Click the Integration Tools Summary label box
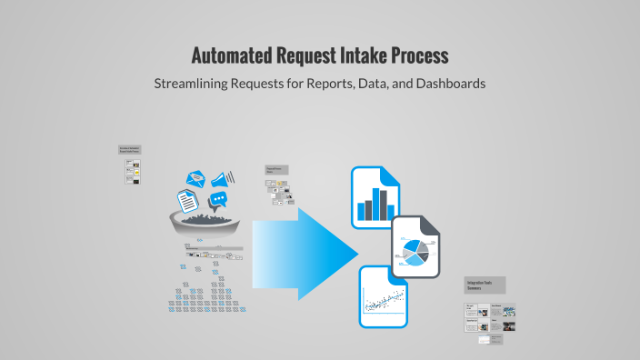tap(485, 285)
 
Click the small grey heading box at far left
tap(129, 150)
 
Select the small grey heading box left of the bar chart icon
tap(275, 170)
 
